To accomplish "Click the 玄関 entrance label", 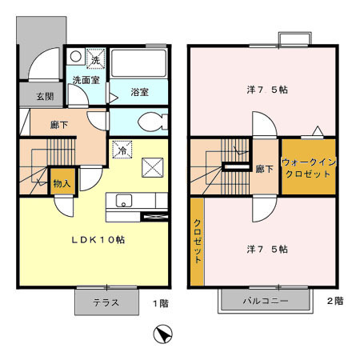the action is point(45,96).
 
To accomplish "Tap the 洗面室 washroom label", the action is point(86,80).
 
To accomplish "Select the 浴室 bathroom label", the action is point(139,92).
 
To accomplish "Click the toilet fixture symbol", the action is point(153,122).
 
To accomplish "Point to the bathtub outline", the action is point(138,63).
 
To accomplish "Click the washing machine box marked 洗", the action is point(95,59).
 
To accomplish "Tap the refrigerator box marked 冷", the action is point(122,150).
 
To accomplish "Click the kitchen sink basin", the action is point(124,201).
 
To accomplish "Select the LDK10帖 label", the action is point(98,240).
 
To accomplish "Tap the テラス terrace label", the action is point(106,302).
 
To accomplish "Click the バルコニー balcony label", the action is point(266,301).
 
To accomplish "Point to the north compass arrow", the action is point(162,334).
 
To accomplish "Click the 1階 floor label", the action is point(161,303).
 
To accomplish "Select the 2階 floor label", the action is point(335,301).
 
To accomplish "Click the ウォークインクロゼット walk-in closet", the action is point(309,167).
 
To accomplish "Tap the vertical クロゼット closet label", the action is point(198,241).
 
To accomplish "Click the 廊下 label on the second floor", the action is point(264,169).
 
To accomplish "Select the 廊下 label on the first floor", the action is point(59,125).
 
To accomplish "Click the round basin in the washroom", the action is point(76,57).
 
